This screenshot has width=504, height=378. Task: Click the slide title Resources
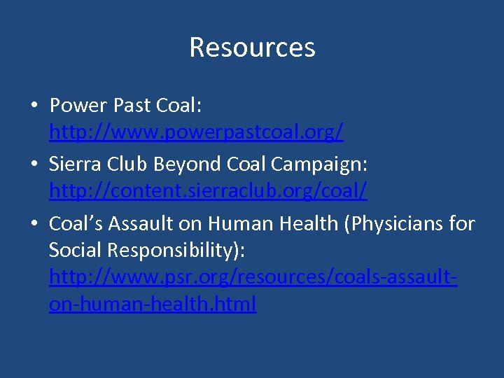coord(252,48)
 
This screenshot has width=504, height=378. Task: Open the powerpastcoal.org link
coord(196,132)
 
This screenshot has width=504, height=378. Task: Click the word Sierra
coord(76,164)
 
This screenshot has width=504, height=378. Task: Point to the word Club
coord(129,164)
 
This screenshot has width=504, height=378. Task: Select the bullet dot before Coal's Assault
coord(34,225)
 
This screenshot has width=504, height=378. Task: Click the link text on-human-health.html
coord(153,304)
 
